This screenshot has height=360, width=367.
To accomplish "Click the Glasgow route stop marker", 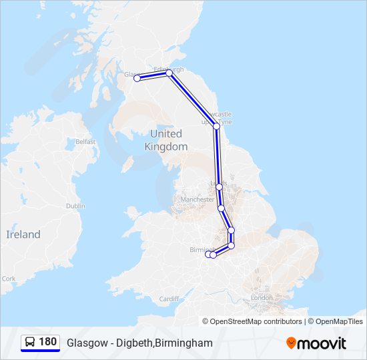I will [x=137, y=78].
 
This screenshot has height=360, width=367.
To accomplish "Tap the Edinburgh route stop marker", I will [x=169, y=73].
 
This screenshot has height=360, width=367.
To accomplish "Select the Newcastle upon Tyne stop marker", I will [x=216, y=125].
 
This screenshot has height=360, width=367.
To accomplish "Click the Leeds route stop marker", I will [x=219, y=187].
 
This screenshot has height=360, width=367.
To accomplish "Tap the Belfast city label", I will [x=85, y=141].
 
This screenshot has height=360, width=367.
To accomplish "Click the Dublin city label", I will [x=75, y=206].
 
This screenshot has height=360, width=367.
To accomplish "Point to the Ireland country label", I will [x=23, y=235].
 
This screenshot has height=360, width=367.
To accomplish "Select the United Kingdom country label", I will [x=166, y=140].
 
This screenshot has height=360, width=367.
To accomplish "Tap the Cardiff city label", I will [x=169, y=299].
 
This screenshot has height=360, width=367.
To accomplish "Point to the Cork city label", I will [x=9, y=279].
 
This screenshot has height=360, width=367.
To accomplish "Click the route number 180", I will [x=48, y=342].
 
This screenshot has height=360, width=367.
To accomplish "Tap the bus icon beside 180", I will [x=30, y=343].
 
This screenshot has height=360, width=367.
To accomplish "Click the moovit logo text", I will [x=322, y=343].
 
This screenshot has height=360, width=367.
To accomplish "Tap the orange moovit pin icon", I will [x=291, y=343].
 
